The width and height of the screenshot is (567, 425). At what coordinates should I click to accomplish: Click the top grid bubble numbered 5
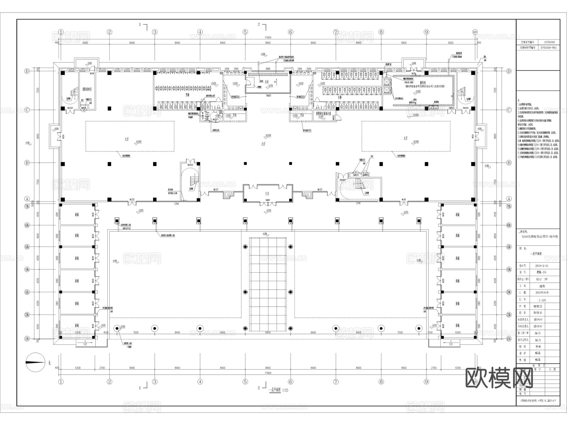[245, 32]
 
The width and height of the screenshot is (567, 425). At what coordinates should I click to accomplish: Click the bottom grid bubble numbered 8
[381, 382]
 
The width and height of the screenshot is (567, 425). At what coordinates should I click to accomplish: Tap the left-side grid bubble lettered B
[27, 163]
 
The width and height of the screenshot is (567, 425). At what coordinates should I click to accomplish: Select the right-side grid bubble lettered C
[509, 110]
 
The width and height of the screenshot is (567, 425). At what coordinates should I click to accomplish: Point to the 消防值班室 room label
[87, 89]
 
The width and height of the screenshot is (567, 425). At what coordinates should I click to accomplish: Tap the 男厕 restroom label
[187, 95]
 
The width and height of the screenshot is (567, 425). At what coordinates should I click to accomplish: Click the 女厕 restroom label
[340, 97]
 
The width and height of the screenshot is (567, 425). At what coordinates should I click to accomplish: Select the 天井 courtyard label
[267, 82]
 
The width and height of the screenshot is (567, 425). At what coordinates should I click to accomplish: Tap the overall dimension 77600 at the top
[268, 37]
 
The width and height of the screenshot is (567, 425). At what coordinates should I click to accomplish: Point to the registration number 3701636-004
[548, 48]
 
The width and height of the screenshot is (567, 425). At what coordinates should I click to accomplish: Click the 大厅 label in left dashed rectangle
[126, 139]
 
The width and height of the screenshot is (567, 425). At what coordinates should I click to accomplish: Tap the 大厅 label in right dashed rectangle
[405, 138]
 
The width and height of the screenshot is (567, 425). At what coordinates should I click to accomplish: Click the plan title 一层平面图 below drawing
[275, 390]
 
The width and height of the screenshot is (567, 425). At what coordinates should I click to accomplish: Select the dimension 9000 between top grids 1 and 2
[85, 43]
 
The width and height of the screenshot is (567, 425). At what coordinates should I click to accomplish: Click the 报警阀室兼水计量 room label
[325, 114]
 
